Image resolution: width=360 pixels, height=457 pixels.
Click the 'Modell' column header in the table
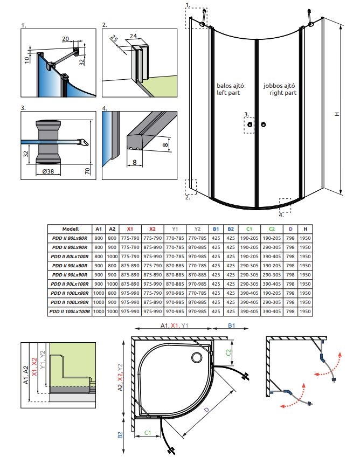tap(70, 228)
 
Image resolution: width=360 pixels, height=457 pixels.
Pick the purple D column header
tap(290, 228)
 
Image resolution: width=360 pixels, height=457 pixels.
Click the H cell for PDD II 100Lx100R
tap(306, 311)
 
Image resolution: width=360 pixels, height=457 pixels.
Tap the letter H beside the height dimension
tap(336, 114)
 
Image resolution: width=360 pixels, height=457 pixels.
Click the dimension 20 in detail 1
tap(66, 39)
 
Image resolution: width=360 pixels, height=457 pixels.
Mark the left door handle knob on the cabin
tap(250, 125)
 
